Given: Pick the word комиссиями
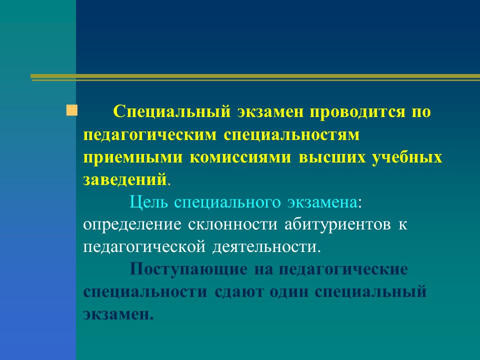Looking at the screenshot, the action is pyautogui.click(x=240, y=157).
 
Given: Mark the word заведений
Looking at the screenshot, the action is pyautogui.click(x=125, y=179).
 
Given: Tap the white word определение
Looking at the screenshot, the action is pyautogui.click(x=132, y=225).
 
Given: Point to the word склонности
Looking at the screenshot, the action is pyautogui.click(x=232, y=225).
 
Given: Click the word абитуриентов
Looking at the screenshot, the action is pyautogui.click(x=337, y=225).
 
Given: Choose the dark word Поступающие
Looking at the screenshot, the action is pyautogui.click(x=188, y=270).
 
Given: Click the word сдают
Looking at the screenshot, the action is pyautogui.click(x=239, y=292).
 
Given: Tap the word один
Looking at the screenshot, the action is pyautogui.click(x=289, y=292).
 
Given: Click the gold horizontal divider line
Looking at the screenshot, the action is pyautogui.click(x=255, y=77).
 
